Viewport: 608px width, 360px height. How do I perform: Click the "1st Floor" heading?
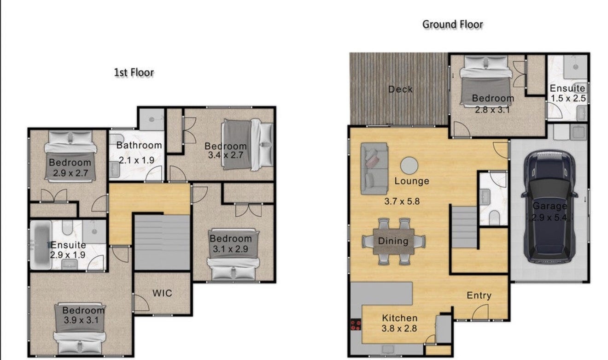134,72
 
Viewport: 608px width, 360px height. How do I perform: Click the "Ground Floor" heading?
452,24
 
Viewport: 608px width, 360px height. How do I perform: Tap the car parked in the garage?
550,207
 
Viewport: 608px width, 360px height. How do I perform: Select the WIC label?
162,293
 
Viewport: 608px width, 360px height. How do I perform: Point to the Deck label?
400,89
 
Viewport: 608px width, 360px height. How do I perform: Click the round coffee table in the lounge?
409,165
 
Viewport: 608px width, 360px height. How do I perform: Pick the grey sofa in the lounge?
374,169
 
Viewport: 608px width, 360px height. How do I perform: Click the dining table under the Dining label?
393,242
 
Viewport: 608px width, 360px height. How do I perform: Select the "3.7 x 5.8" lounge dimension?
402,201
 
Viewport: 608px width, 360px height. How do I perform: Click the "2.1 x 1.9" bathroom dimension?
136,160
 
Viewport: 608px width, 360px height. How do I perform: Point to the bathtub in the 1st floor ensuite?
41,245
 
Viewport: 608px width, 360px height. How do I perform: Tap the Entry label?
479,295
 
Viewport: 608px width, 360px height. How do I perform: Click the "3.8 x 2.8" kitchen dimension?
399,329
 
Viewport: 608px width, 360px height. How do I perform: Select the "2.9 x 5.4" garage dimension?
549,218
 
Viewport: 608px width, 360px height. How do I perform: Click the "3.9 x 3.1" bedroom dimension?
81,320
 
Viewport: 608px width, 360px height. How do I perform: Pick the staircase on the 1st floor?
162,242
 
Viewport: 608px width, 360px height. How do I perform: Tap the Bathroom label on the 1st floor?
139,145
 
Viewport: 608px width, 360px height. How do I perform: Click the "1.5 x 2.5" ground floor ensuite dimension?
568,98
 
